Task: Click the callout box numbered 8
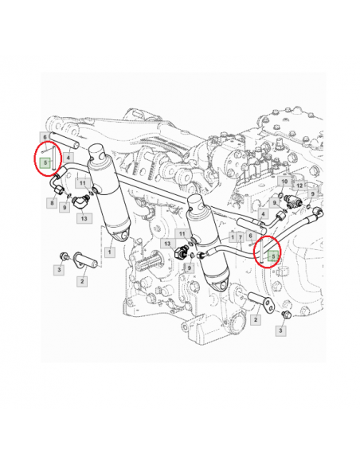[52, 203]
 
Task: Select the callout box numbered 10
[284, 182]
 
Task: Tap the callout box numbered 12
[299, 186]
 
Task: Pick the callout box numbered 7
[241, 237]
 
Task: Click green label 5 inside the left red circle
[45, 162]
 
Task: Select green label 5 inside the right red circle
[273, 256]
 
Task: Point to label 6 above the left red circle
[45, 137]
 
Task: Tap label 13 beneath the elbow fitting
[84, 218]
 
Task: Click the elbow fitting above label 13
[80, 202]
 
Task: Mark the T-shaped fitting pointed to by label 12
[293, 201]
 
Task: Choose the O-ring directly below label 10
[280, 195]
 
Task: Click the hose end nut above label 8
[60, 190]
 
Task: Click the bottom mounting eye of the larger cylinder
[123, 234]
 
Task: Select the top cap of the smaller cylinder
[198, 202]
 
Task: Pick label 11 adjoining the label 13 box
[182, 234]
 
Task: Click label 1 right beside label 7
[233, 237]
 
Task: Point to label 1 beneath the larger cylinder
[110, 252]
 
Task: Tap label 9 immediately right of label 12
[313, 194]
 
